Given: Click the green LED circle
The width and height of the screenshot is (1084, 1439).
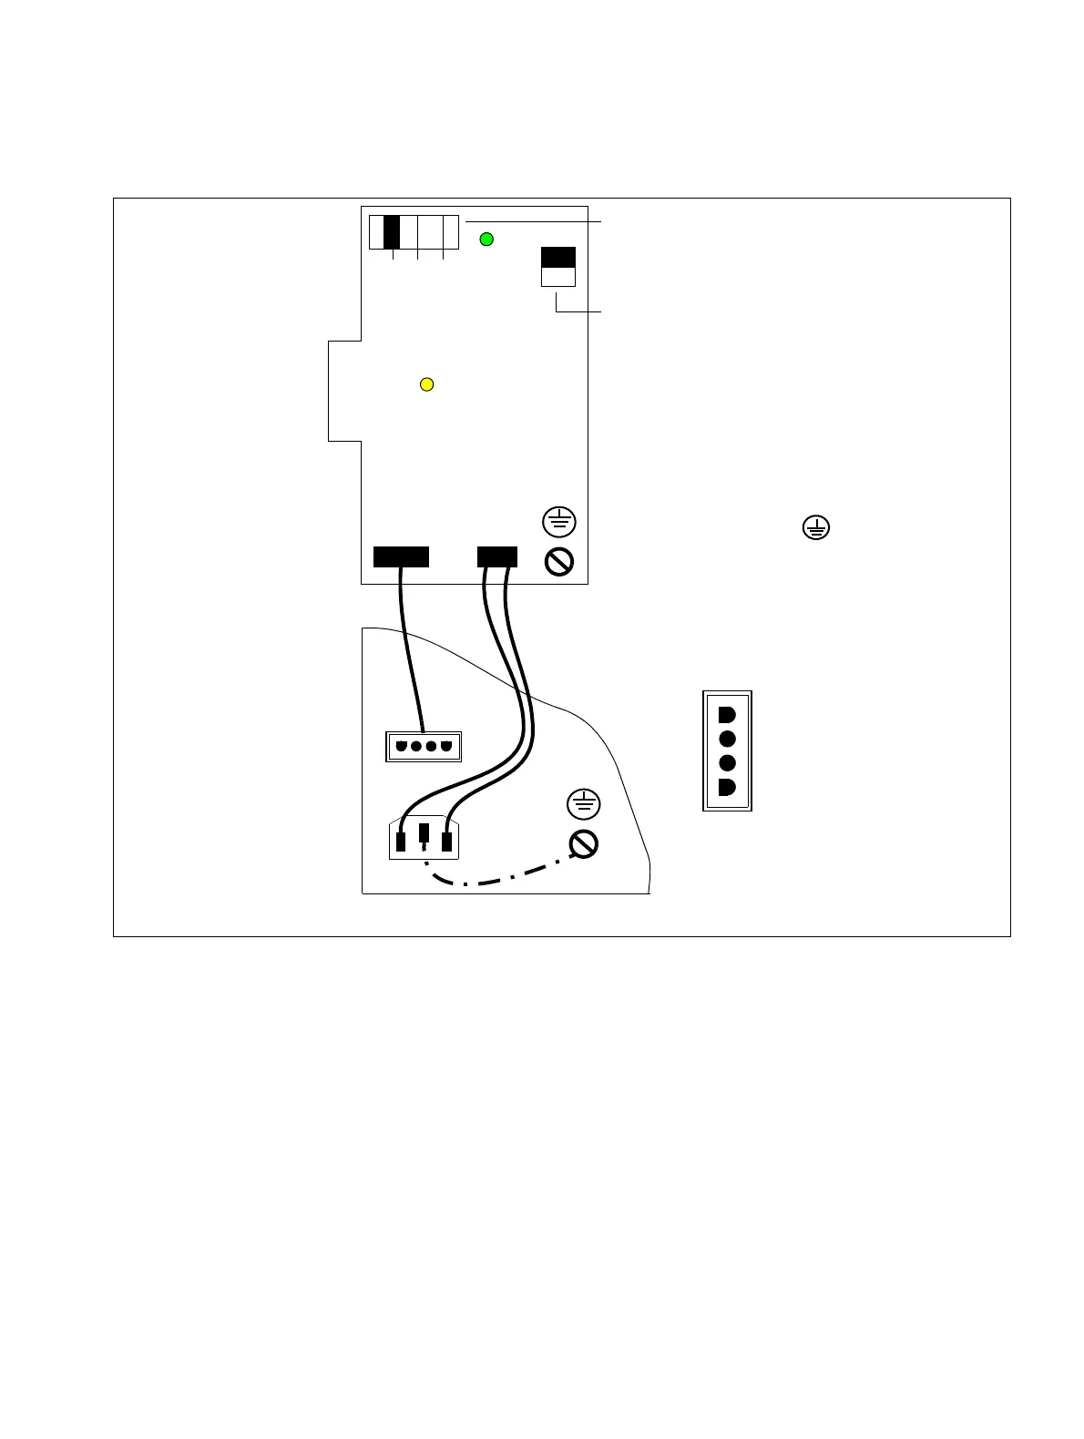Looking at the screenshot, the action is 486,240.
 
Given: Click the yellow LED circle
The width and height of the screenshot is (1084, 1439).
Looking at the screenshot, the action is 425,384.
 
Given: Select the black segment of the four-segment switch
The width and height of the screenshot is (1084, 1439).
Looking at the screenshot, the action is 392,232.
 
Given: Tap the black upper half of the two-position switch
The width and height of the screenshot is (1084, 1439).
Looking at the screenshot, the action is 558,256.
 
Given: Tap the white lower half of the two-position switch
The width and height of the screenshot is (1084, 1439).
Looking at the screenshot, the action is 558,277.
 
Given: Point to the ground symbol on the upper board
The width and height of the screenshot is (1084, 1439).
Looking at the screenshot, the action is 559,522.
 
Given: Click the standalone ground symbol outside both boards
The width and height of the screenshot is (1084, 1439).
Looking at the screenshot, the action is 816,527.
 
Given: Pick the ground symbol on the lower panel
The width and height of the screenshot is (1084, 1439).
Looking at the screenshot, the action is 584,804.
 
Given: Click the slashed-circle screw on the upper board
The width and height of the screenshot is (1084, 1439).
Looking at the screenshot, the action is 559,562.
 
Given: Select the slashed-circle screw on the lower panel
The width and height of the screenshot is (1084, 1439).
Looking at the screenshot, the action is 584,844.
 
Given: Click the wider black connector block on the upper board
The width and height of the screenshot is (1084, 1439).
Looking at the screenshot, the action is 401,556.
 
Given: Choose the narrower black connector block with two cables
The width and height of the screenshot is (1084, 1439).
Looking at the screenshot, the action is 497,556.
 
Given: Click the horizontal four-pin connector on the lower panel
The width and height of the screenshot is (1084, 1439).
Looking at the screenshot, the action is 424,747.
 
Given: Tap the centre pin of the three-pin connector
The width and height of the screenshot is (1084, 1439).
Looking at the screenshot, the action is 424,833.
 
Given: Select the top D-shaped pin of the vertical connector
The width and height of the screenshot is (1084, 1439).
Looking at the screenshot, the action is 726,714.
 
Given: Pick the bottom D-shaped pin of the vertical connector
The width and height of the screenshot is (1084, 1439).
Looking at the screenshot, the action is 726,787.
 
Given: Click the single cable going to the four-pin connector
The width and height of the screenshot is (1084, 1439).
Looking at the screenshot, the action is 411,647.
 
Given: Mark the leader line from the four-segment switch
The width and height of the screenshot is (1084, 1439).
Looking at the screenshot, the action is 533,221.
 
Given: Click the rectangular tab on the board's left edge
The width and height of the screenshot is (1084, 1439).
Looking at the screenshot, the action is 344,391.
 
